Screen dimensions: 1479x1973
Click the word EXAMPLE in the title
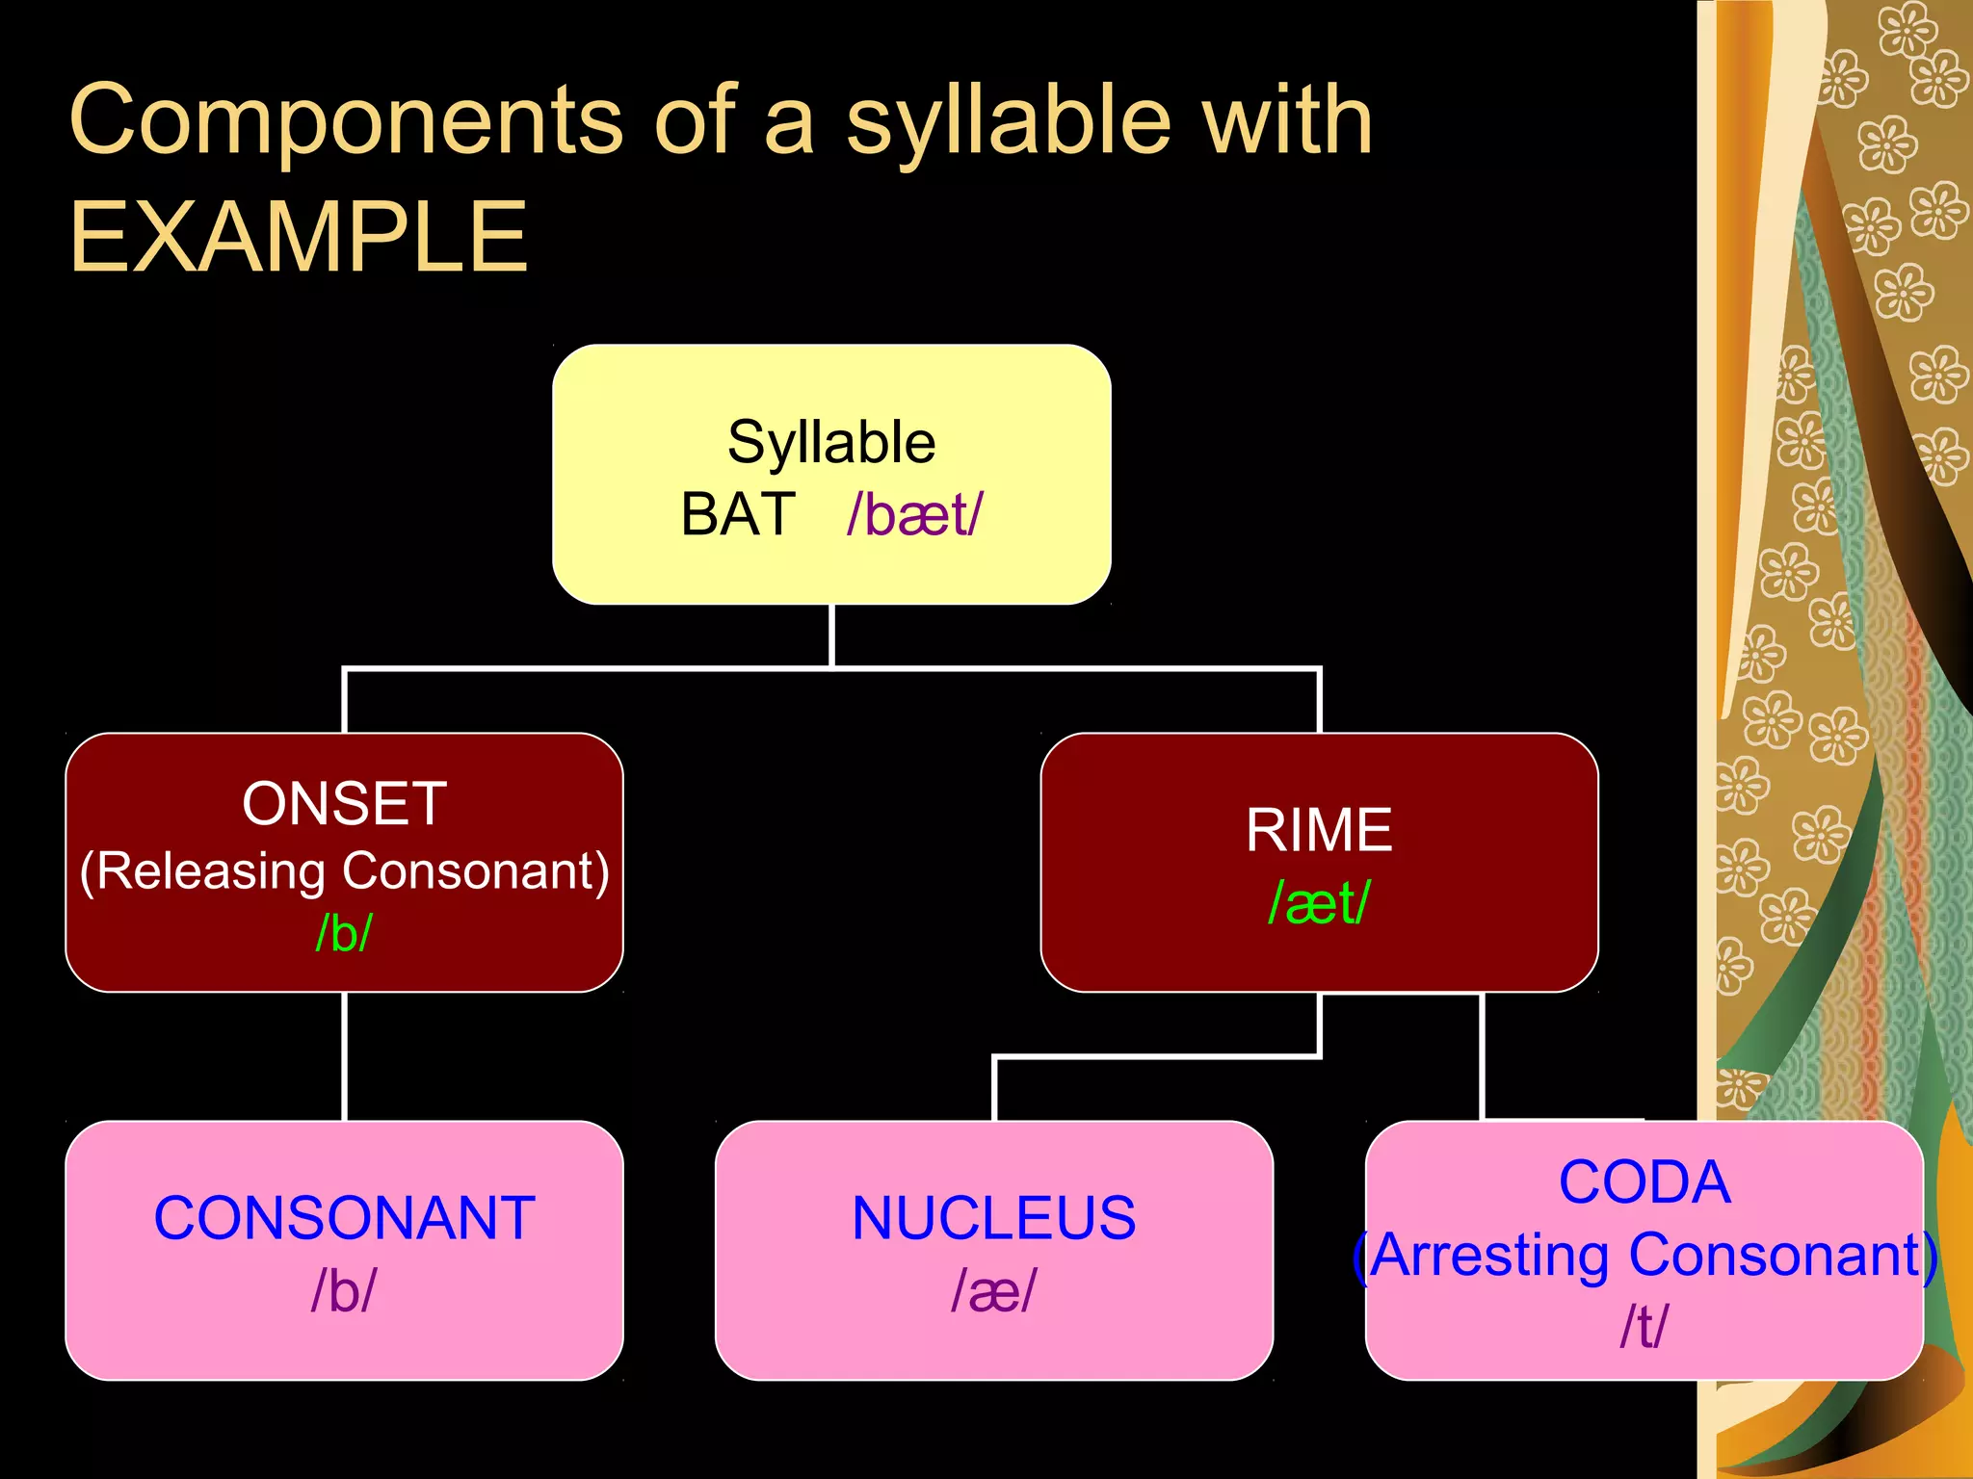click(x=299, y=237)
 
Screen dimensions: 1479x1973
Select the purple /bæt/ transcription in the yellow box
click(x=915, y=514)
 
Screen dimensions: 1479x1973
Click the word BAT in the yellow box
click(x=738, y=514)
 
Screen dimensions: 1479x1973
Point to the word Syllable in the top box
click(x=831, y=442)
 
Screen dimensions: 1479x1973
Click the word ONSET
click(x=344, y=804)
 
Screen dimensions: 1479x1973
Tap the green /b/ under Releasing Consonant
click(x=344, y=932)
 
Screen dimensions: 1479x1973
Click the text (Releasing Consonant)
click(x=344, y=870)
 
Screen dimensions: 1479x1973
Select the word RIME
click(x=1319, y=830)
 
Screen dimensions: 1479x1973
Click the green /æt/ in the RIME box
click(x=1319, y=903)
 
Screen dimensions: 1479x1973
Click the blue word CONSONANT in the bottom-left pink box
click(x=344, y=1218)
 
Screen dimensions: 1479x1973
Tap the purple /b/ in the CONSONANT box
click(x=344, y=1291)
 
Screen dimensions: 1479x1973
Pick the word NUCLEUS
click(x=993, y=1218)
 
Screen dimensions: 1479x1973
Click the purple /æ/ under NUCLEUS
click(x=993, y=1291)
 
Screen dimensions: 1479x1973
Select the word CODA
click(x=1644, y=1182)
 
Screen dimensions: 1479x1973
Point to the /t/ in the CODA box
click(x=1644, y=1327)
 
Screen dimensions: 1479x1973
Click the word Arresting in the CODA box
click(x=1492, y=1256)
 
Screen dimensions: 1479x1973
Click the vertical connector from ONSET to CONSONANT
click(x=344, y=1056)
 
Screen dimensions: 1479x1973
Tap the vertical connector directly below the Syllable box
click(x=831, y=636)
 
